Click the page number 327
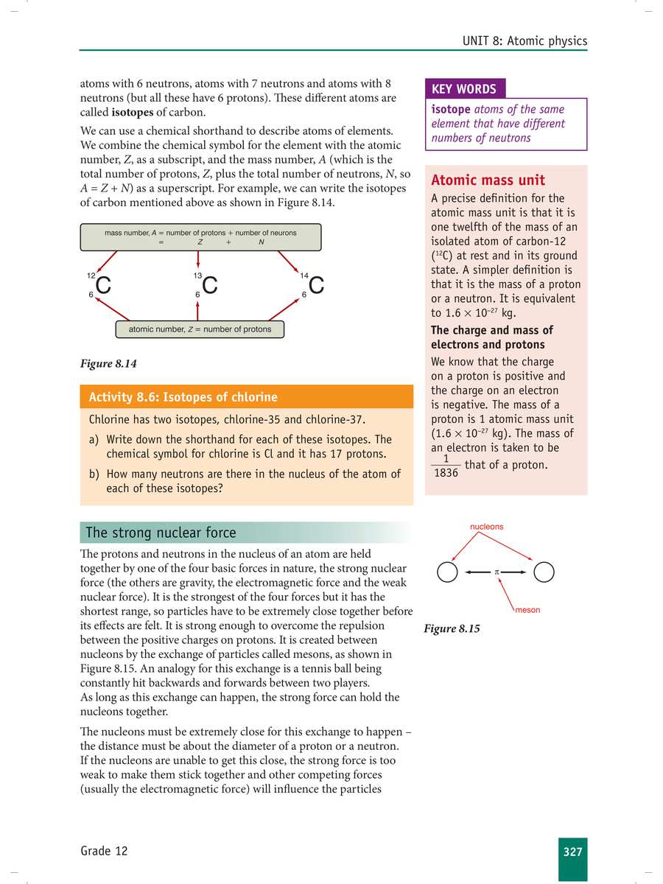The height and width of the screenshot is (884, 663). tap(572, 852)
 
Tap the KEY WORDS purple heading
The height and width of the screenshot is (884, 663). tap(464, 89)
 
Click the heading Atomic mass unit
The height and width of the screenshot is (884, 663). tap(488, 180)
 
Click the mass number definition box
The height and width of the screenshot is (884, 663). tap(200, 237)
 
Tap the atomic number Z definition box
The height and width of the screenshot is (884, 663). tap(200, 329)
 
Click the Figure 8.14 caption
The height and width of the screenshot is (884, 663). tap(109, 364)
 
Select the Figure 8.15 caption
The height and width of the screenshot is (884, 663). tap(452, 629)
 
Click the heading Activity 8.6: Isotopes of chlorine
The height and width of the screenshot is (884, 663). tap(183, 397)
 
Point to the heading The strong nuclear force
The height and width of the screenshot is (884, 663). tap(161, 533)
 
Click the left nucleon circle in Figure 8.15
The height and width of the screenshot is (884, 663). tap(447, 572)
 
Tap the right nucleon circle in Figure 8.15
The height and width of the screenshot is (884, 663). tap(544, 572)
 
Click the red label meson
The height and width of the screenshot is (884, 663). tap(527, 610)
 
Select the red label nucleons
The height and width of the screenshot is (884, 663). tap(487, 527)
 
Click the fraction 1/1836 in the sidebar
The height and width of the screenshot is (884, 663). tap(446, 466)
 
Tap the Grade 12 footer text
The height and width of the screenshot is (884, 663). tap(104, 852)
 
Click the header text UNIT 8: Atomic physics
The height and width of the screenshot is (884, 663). tap(525, 41)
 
